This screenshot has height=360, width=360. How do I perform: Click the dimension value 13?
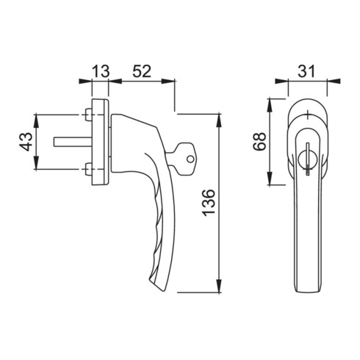(100, 71)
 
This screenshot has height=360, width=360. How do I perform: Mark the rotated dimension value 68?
(259, 141)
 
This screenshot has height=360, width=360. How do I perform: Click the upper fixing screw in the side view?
(88, 115)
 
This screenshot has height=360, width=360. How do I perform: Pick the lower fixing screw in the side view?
(88, 171)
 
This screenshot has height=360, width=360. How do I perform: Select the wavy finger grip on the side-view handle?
(155, 235)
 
